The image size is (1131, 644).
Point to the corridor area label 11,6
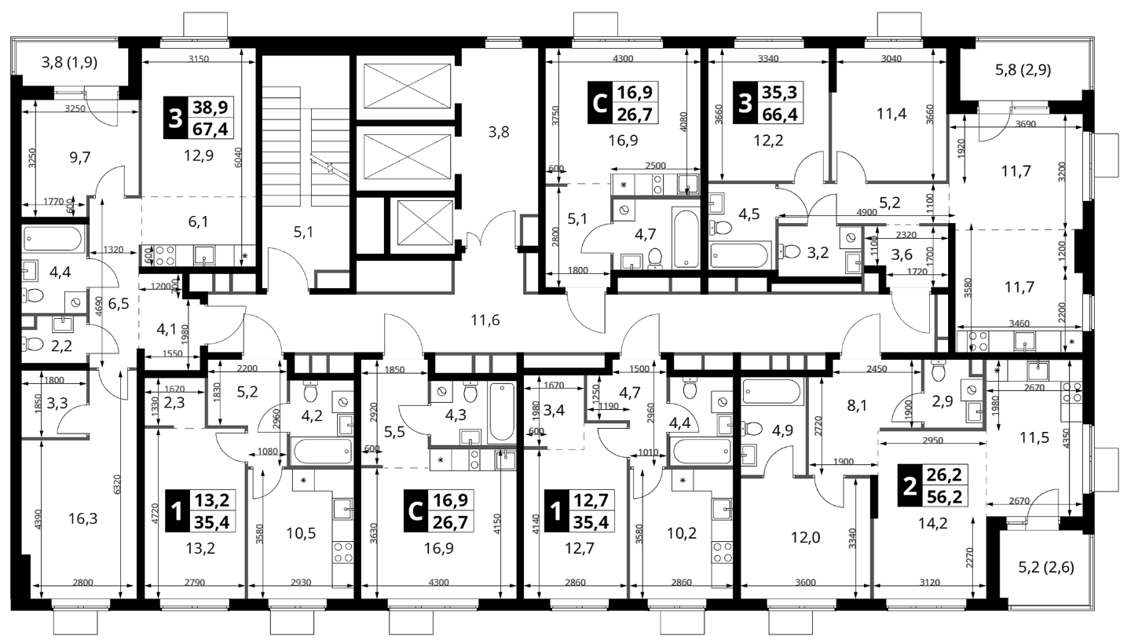coord(485,320)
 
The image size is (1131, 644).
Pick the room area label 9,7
coord(80,158)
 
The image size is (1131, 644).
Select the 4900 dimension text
coord(866,213)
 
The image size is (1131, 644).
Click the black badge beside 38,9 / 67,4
coord(174,119)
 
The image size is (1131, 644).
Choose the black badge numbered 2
coord(910,485)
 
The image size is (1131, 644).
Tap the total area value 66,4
coord(780,114)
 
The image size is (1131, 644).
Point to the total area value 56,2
coord(946,497)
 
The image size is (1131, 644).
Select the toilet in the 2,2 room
coord(31,344)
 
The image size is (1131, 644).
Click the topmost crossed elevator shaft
coord(407,86)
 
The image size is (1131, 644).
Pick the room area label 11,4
coord(891,114)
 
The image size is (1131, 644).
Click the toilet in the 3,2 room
coord(789,250)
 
